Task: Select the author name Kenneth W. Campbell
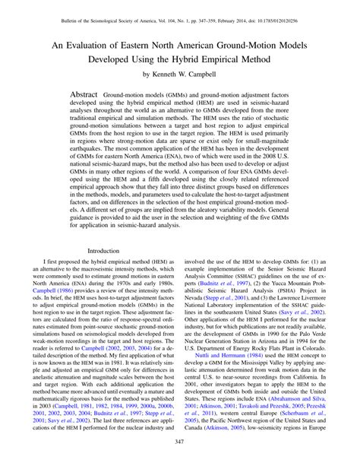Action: pyautogui.click(x=189, y=76)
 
